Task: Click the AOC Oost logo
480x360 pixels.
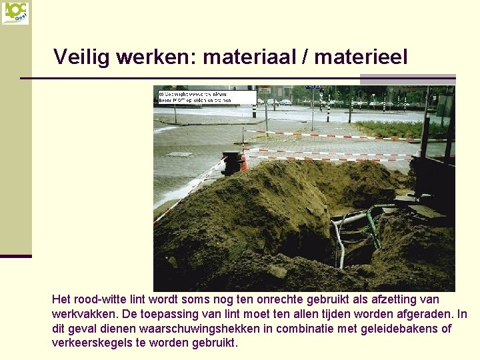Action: [15, 13]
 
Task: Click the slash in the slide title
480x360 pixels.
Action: [305, 57]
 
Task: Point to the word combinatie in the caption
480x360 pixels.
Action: [327, 329]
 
